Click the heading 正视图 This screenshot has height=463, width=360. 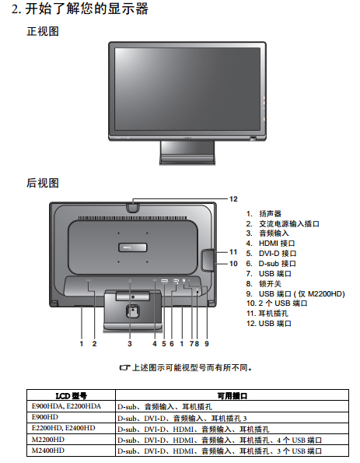pyautogui.click(x=43, y=31)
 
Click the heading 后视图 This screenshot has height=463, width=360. pyautogui.click(x=43, y=183)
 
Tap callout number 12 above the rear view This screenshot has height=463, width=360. pyautogui.click(x=233, y=199)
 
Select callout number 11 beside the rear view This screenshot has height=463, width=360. pyautogui.click(x=233, y=252)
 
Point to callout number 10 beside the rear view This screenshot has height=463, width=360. pyautogui.click(x=233, y=263)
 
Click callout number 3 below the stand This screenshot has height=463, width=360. pyautogui.click(x=130, y=344)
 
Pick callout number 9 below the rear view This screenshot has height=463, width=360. pyautogui.click(x=207, y=344)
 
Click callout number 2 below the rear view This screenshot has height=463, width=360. pyautogui.click(x=94, y=344)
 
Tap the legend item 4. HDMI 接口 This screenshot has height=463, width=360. pyautogui.click(x=271, y=244)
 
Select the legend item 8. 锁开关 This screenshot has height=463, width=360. pyautogui.click(x=264, y=284)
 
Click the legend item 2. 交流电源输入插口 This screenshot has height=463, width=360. pyautogui.click(x=283, y=223)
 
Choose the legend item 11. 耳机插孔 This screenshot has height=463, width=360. pyautogui.click(x=267, y=314)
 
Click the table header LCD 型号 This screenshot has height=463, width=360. pyautogui.click(x=71, y=395)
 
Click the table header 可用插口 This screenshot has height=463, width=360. pyautogui.click(x=232, y=395)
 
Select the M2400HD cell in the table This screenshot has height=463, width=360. pyautogui.click(x=48, y=451)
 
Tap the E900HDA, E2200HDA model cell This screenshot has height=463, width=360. pyautogui.click(x=66, y=406)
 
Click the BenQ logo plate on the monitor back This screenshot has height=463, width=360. pyautogui.click(x=133, y=247)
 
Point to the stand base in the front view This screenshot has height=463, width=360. pyautogui.click(x=187, y=159)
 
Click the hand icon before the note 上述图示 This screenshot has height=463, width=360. pyautogui.click(x=124, y=368)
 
